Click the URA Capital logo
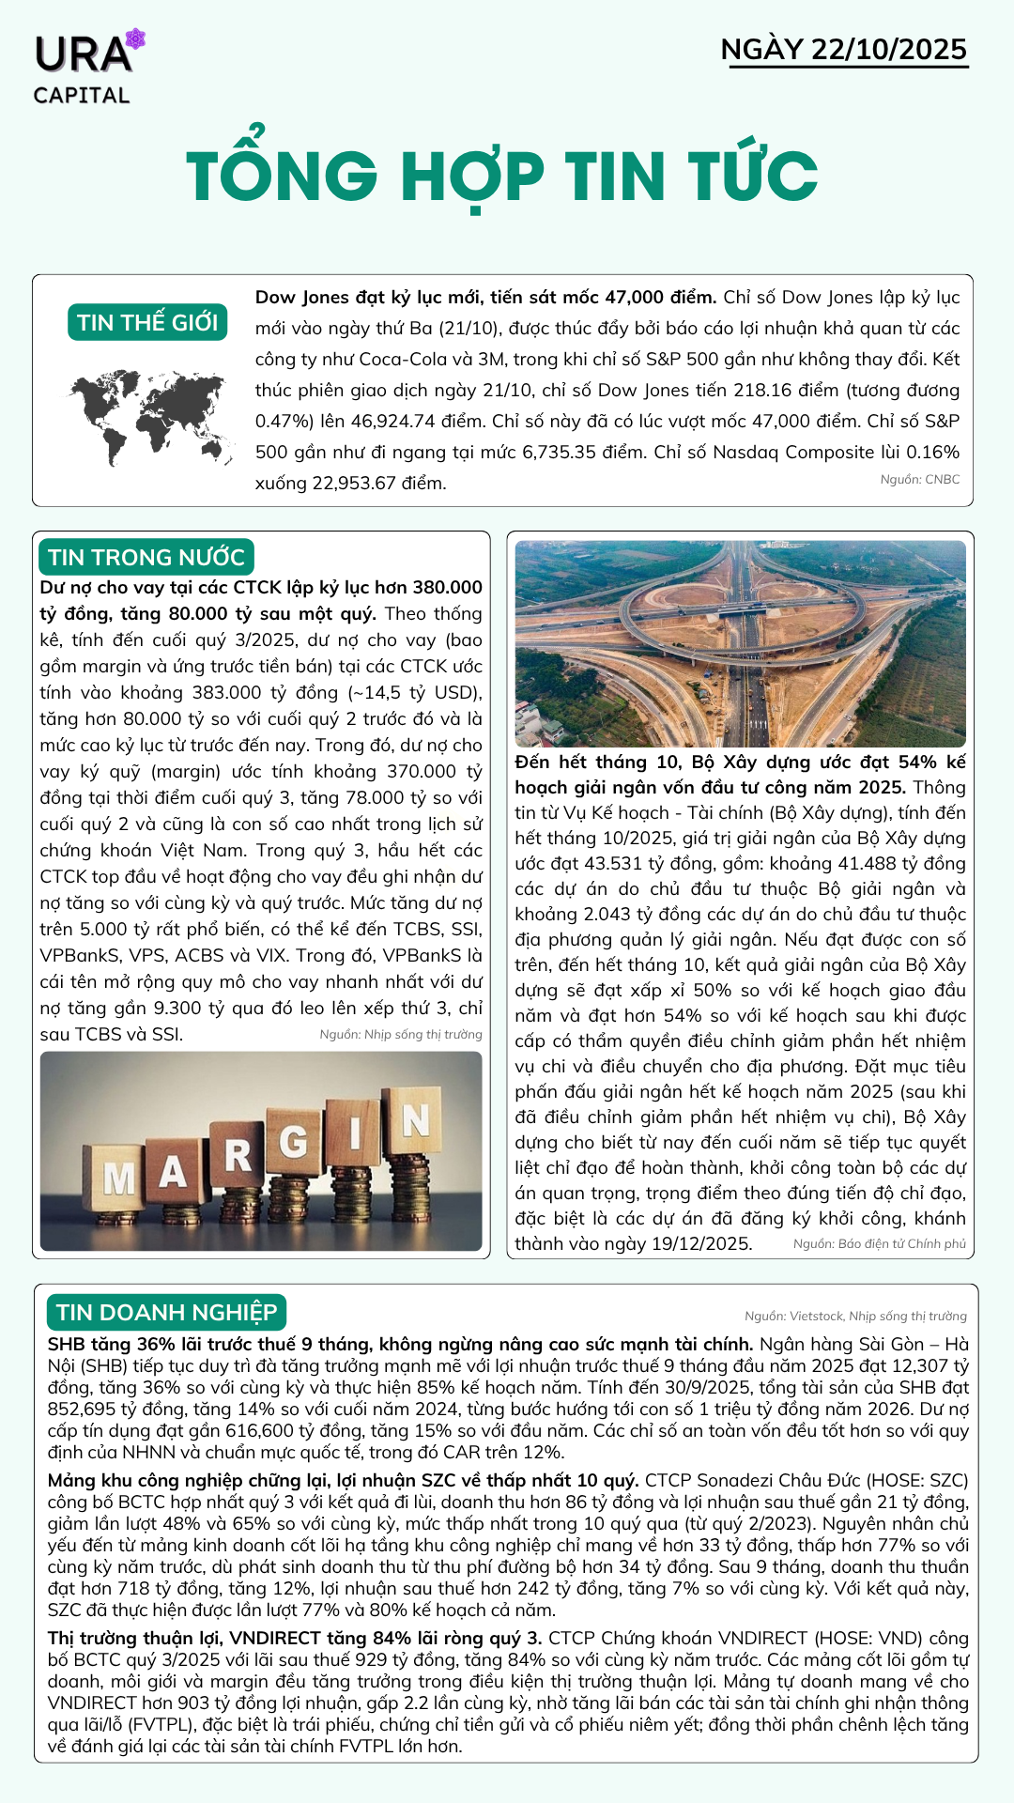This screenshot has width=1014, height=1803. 84,68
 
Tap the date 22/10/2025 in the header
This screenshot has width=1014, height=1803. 888,50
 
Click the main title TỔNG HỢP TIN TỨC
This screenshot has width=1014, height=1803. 502,177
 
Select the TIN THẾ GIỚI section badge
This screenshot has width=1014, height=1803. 147,322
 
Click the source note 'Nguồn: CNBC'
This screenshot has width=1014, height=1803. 919,480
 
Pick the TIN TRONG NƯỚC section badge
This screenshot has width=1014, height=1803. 146,557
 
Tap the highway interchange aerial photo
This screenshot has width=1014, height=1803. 740,643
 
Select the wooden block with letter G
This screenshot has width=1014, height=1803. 295,1142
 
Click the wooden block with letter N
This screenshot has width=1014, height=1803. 414,1119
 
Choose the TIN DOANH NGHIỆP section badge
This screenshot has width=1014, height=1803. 166,1312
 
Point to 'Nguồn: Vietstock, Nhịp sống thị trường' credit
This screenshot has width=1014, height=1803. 854,1317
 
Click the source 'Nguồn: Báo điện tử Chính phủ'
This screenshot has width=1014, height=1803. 879,1244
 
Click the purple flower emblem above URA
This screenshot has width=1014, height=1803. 136,39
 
